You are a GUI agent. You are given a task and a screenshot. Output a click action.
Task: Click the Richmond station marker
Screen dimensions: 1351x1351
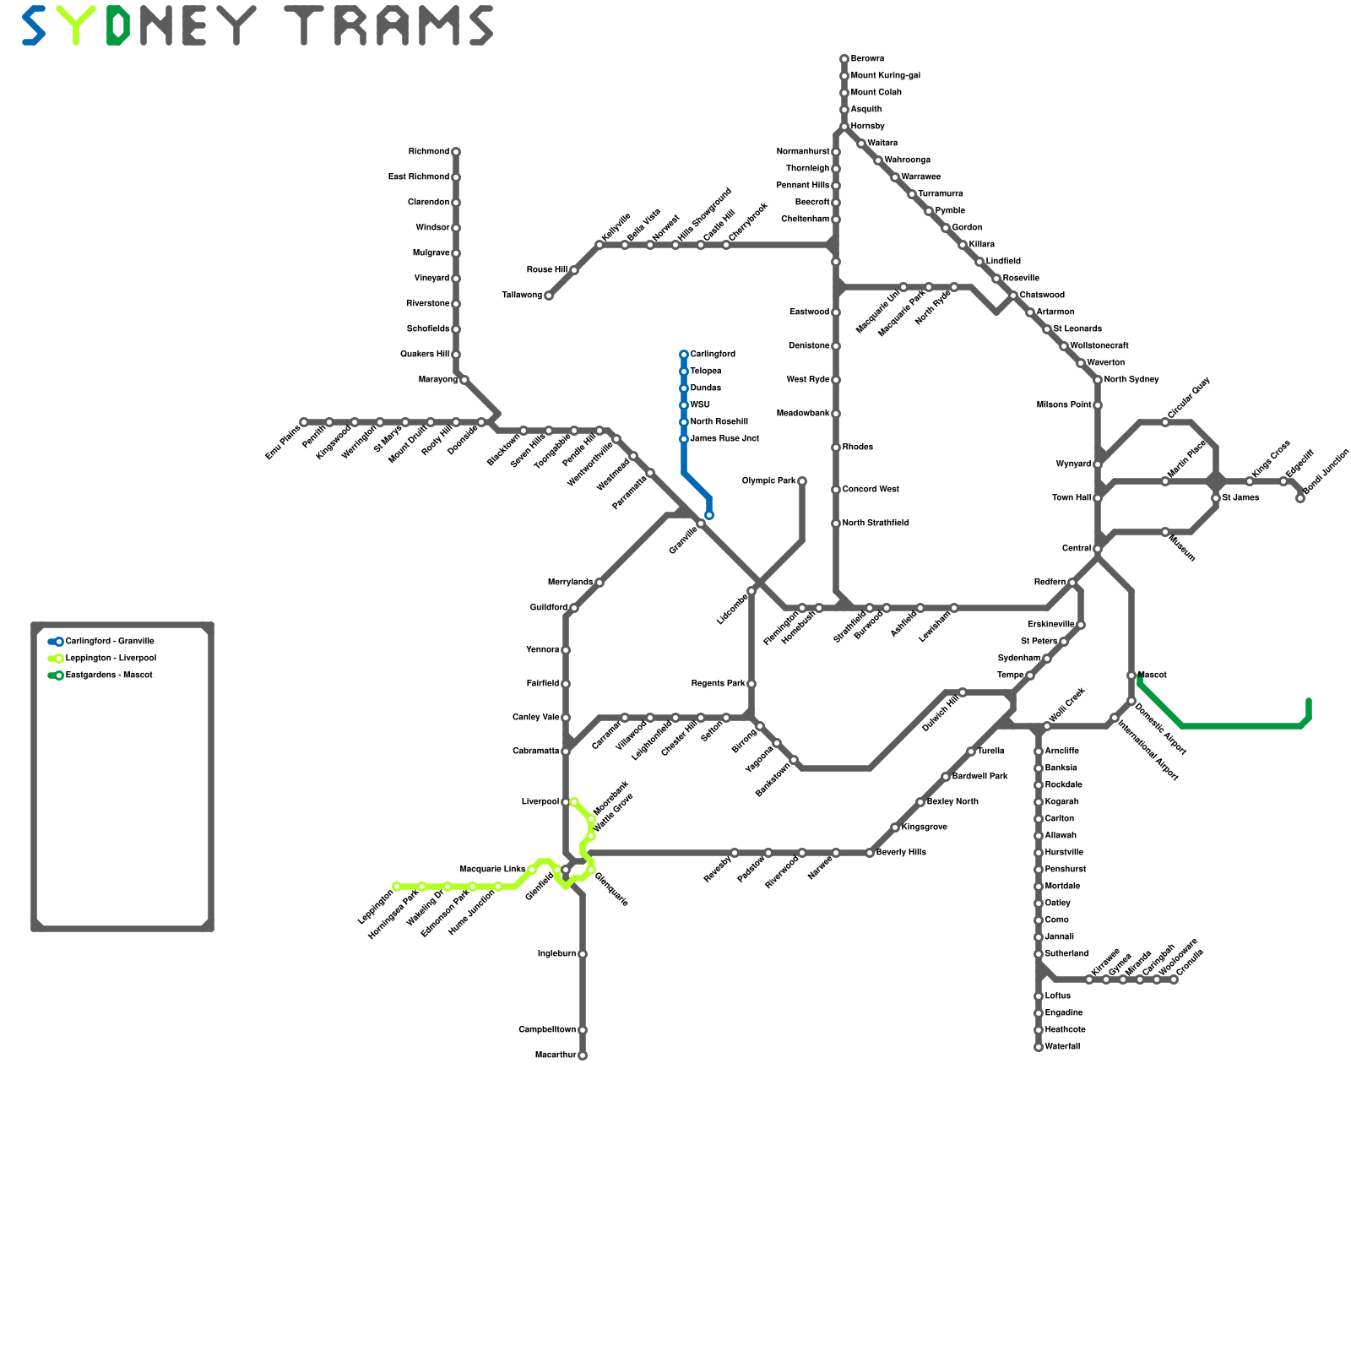[456, 152]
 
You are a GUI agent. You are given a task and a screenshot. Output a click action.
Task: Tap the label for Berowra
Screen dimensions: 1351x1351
[867, 59]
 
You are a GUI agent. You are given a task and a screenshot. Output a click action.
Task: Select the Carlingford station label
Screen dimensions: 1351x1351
[713, 355]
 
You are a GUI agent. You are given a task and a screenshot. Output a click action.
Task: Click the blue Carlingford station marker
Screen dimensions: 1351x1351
[684, 355]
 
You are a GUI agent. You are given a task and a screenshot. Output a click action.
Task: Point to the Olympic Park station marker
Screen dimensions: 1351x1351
[802, 481]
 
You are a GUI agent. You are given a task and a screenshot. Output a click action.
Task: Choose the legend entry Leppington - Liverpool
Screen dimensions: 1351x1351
[111, 659]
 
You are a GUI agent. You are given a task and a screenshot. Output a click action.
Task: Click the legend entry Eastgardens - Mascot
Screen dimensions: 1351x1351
[109, 675]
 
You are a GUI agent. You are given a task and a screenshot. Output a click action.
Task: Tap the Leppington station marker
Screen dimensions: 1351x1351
[397, 887]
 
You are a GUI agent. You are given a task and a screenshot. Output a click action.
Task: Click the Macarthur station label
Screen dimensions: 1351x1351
[556, 1055]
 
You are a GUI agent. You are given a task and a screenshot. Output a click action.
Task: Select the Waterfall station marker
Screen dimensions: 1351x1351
[1039, 1047]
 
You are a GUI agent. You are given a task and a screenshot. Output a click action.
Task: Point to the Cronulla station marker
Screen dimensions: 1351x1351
[1174, 979]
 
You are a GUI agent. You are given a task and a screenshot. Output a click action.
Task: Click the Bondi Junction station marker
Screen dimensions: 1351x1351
[1300, 498]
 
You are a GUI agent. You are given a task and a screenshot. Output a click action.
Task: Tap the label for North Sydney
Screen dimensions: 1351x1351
[1131, 380]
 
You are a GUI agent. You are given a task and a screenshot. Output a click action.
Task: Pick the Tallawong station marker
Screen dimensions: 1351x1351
[549, 296]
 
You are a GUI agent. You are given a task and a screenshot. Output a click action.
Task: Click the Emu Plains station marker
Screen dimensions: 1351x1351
[304, 422]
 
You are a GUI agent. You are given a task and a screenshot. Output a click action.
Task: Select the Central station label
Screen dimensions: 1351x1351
[1077, 549]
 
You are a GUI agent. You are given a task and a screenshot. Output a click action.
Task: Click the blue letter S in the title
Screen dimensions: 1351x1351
[34, 25]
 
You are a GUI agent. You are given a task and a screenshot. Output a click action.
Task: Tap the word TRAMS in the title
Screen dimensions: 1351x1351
[388, 25]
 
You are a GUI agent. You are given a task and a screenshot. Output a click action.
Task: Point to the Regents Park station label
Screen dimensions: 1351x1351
[718, 684]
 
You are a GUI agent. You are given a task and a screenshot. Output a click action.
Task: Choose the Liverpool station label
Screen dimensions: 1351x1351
[540, 802]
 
